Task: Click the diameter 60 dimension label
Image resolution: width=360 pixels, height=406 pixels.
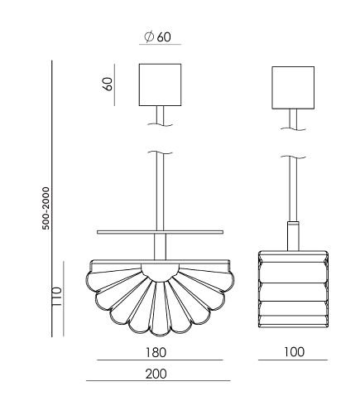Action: click(x=157, y=36)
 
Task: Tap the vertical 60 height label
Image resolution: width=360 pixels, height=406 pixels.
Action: click(x=108, y=84)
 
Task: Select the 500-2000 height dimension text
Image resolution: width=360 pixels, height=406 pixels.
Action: click(x=46, y=208)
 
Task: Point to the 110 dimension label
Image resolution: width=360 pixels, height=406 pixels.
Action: click(x=57, y=297)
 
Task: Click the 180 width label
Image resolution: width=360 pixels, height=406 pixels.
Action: click(x=156, y=352)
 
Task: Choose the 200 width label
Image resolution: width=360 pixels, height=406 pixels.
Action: click(x=156, y=374)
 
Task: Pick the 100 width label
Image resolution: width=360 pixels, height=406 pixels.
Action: click(x=295, y=352)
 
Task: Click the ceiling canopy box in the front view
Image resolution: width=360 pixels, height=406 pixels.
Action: click(x=160, y=85)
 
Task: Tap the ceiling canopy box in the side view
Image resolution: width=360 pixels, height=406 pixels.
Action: click(x=293, y=88)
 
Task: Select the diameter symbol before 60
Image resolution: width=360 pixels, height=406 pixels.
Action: click(x=149, y=36)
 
